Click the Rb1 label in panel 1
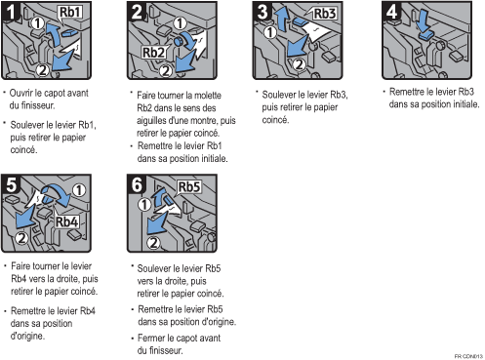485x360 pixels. point(69,12)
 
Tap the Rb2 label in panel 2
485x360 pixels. point(153,53)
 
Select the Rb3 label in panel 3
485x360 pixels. point(324,14)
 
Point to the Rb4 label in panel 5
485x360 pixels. point(66,221)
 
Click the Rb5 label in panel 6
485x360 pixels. point(189,187)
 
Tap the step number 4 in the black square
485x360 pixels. point(391,11)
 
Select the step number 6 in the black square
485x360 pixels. point(137,184)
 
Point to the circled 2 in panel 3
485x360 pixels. point(299,64)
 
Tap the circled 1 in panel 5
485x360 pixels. point(79,190)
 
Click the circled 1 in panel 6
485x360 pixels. point(144,205)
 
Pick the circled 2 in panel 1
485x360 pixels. point(42,70)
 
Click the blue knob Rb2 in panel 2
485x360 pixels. point(179,41)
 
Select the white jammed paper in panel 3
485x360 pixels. point(316,32)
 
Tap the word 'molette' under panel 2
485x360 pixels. point(207,96)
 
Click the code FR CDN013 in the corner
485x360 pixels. point(468,356)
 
